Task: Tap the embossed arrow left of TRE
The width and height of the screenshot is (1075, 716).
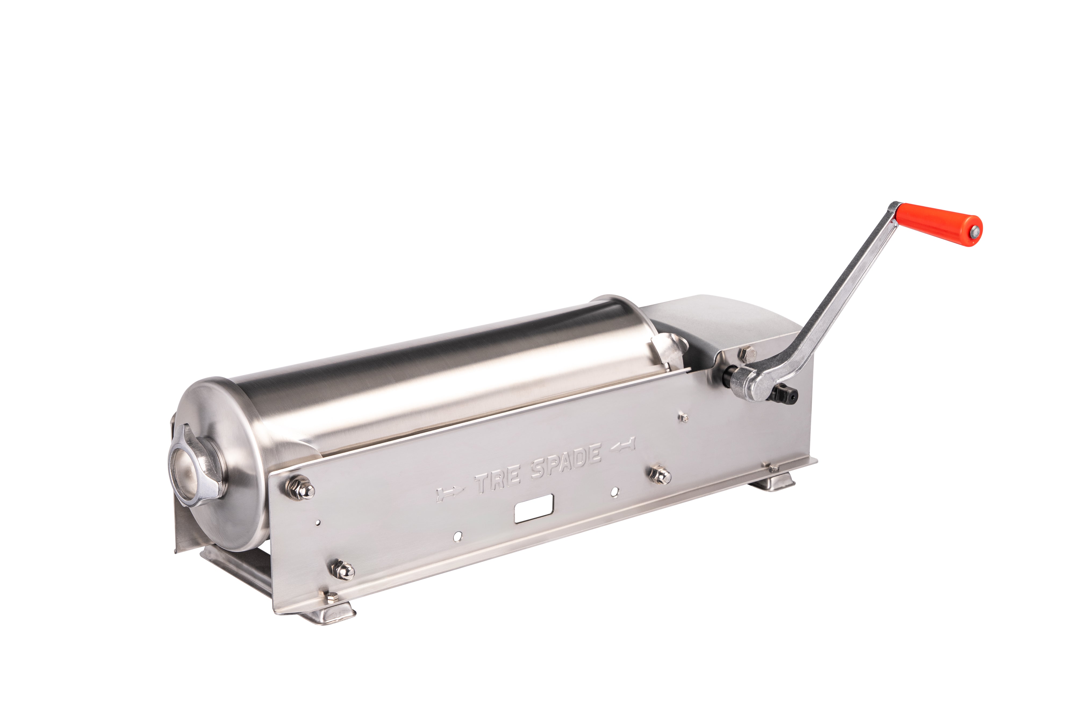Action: pos(450,494)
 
